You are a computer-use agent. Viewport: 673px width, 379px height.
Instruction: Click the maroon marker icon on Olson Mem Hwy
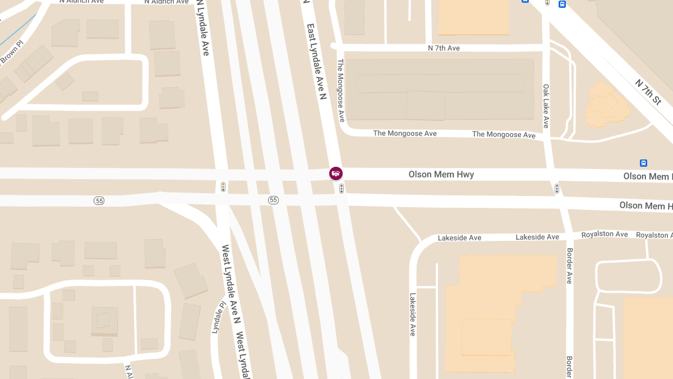click(x=335, y=173)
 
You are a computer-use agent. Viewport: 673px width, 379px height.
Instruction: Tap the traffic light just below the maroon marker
click(x=341, y=189)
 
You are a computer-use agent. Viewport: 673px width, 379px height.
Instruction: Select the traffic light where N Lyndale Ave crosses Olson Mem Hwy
click(x=223, y=186)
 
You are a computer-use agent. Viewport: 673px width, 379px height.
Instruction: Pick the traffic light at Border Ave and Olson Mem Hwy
click(x=556, y=188)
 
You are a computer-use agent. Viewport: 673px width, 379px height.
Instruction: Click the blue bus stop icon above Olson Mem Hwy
click(x=643, y=163)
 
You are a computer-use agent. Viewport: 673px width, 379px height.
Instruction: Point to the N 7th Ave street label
click(x=444, y=48)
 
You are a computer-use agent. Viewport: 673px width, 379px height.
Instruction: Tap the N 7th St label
click(x=648, y=92)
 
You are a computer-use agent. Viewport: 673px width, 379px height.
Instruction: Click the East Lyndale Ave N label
click(x=315, y=62)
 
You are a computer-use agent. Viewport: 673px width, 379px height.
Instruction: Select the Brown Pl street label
click(x=11, y=52)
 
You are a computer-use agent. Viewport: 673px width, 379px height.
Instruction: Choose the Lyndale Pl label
click(x=218, y=318)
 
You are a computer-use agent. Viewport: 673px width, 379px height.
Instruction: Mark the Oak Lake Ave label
click(x=546, y=106)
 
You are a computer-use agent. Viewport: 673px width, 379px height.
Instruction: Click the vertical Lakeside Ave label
click(x=413, y=314)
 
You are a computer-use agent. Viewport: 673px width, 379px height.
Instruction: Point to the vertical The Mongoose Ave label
click(x=340, y=90)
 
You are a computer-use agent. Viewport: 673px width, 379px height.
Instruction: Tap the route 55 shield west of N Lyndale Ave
click(x=99, y=200)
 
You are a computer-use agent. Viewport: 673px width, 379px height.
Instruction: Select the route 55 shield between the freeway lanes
click(x=273, y=200)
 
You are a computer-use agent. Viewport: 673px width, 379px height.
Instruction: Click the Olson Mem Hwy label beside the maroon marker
click(x=441, y=175)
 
